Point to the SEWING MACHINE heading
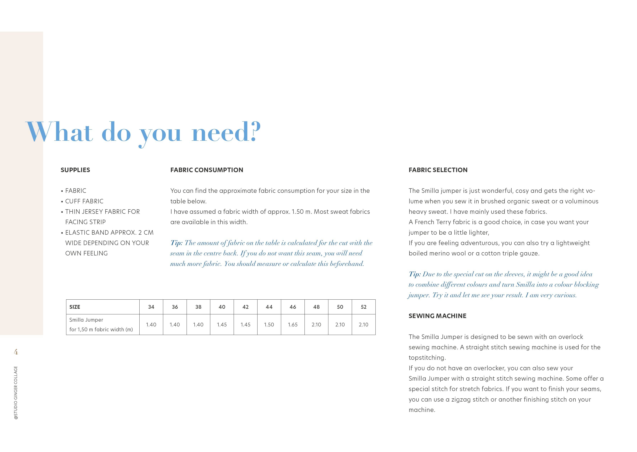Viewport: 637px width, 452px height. click(437, 316)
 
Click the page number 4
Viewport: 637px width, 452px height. click(16, 352)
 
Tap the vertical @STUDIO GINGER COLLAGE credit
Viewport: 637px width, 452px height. click(16, 392)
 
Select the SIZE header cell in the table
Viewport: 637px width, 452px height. click(75, 307)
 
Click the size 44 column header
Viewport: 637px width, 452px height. click(269, 307)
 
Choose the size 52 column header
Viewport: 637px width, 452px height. click(364, 307)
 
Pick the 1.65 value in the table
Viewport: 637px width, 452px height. click(293, 324)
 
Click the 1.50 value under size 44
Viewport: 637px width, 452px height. click(269, 324)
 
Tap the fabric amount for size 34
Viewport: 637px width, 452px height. click(151, 324)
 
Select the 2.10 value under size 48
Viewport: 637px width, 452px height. click(316, 324)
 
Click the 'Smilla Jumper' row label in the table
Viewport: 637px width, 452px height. click(86, 320)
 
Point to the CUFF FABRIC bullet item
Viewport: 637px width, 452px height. click(84, 201)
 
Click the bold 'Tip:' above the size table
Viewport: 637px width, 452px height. click(176, 243)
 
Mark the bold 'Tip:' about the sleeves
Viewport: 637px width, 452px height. click(414, 274)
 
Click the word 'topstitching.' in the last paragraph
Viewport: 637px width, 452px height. click(427, 358)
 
